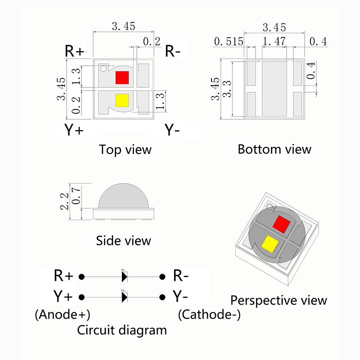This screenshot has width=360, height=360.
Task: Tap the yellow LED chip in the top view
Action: tap(121, 100)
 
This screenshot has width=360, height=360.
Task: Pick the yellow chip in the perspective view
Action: tap(269, 244)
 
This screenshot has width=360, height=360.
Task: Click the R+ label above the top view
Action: tap(74, 51)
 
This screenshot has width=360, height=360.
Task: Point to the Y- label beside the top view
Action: tap(172, 130)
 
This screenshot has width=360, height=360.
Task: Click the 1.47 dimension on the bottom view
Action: tap(274, 42)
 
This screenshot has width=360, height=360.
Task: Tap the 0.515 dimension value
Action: tap(229, 42)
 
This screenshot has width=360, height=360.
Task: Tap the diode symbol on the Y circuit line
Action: tap(124, 297)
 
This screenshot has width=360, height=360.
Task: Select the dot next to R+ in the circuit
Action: tap(82, 276)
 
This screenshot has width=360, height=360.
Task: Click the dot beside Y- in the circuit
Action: tap(162, 297)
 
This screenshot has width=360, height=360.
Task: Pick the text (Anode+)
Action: tap(63, 314)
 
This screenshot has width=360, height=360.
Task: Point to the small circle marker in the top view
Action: tap(104, 68)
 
